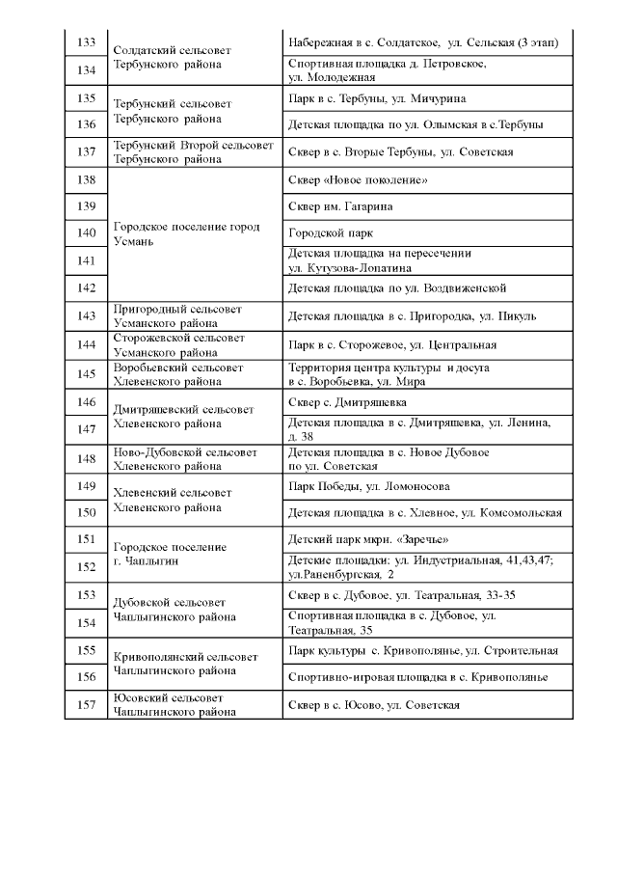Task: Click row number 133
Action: coord(85,42)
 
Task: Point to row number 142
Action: coord(85,287)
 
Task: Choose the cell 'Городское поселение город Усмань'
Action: coord(186,233)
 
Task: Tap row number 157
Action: coord(85,705)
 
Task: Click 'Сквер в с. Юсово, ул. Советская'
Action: coord(374,705)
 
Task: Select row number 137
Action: coord(85,151)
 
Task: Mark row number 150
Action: coord(85,512)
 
